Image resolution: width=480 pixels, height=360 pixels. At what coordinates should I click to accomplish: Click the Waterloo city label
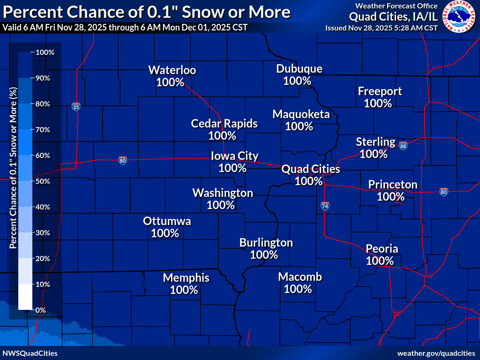172,70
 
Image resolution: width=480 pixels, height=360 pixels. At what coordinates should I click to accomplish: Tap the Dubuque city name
299,69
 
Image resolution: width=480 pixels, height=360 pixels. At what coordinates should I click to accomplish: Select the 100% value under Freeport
378,103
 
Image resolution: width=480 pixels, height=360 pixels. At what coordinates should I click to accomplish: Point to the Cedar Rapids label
224,123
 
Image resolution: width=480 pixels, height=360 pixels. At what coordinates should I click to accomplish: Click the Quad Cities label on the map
310,169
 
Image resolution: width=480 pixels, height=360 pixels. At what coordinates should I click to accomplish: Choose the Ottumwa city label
167,221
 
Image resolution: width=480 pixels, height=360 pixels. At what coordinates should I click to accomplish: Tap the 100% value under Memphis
184,290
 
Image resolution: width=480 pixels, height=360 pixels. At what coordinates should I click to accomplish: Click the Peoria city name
382,248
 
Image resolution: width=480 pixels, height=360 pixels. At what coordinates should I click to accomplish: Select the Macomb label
300,277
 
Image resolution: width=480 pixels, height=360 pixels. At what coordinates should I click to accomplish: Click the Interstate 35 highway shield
76,107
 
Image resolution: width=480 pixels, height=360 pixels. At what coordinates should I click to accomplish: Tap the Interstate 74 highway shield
325,205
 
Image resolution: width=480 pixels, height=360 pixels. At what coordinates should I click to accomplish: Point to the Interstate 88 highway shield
403,146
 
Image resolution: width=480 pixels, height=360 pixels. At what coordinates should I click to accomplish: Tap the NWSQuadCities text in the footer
30,353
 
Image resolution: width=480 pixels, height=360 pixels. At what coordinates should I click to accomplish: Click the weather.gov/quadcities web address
436,353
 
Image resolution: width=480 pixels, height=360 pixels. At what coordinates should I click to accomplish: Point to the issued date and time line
382,28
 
